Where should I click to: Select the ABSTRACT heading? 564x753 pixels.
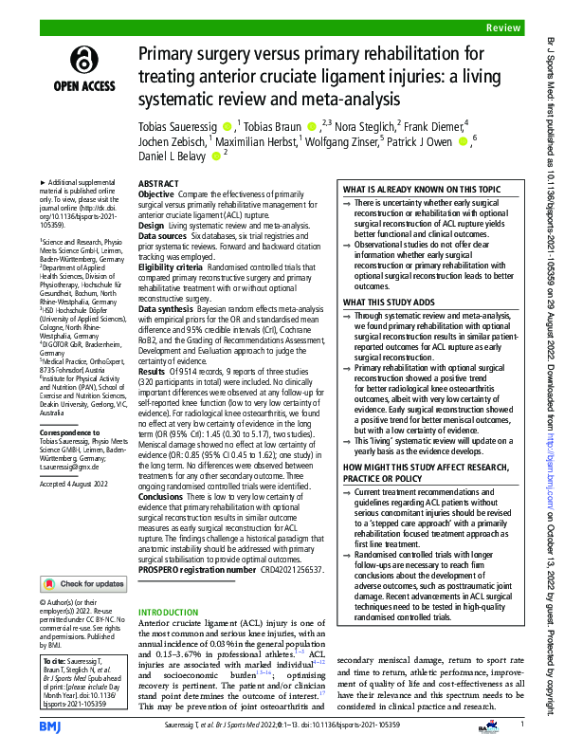click(158, 182)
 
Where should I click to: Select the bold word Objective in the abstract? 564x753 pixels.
click(156, 193)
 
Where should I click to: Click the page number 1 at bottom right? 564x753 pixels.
click(521, 724)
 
